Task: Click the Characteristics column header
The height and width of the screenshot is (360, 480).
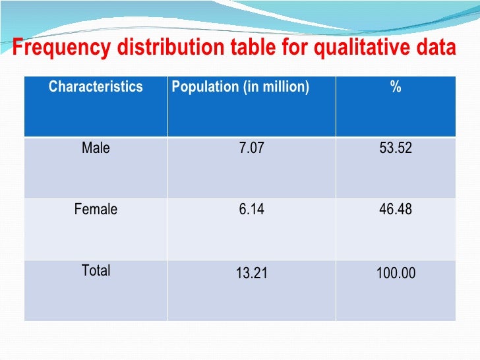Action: (x=96, y=87)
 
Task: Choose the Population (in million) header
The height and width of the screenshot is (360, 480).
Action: (x=240, y=87)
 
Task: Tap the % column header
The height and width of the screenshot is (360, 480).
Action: (x=396, y=87)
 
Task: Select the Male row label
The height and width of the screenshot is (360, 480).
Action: (x=96, y=148)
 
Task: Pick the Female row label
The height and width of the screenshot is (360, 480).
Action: (x=96, y=210)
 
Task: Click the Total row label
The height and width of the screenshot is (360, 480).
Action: (x=96, y=270)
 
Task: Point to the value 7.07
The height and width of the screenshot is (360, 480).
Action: (x=251, y=148)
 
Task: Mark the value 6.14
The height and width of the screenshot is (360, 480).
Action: (x=251, y=210)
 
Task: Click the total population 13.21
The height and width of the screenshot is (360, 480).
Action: (x=251, y=272)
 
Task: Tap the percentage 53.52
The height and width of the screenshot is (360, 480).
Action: (x=396, y=148)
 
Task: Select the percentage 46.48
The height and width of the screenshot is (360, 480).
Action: (x=396, y=210)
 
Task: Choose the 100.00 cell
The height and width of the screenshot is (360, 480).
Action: (x=396, y=272)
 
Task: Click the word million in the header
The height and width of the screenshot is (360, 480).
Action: (x=284, y=87)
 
